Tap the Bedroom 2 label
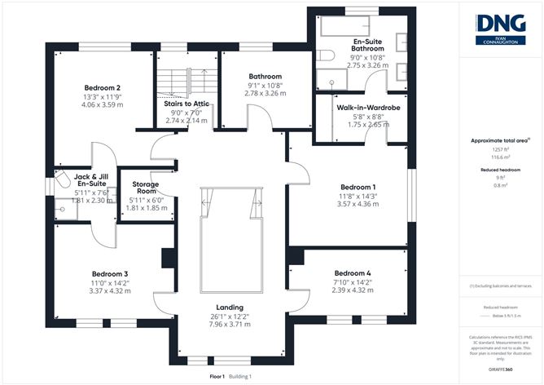pos(103,87)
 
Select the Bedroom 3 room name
pos(110,273)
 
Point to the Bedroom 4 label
pos(353,273)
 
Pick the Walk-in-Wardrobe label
pos(363,107)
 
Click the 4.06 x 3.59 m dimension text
pos(103,105)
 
